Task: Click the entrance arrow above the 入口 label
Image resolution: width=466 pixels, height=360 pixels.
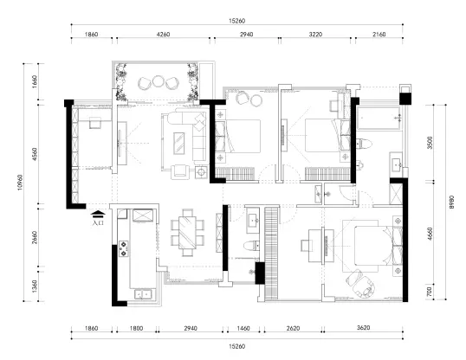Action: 98,214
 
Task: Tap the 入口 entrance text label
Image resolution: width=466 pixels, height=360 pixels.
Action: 98,222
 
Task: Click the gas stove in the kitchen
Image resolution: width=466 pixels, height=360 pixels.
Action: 123,248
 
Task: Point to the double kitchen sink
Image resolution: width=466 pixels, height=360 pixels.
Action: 144,294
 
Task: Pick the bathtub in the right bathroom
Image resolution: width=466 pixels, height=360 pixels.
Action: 378,118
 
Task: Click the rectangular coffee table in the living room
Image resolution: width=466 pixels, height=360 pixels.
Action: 178,143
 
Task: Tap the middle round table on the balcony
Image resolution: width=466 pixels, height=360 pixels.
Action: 158,81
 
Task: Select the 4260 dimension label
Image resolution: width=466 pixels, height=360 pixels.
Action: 163,35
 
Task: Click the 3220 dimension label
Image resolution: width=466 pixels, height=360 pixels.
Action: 315,35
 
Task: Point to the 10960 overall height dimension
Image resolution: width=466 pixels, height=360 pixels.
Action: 20,182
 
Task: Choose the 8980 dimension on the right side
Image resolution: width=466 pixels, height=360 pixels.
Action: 452,202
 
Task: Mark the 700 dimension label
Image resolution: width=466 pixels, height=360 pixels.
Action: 429,292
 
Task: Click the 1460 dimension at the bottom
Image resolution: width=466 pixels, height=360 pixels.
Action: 243,328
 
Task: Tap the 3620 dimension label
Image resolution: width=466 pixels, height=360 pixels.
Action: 363,328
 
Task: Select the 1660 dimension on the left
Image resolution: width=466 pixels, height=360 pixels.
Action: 35,81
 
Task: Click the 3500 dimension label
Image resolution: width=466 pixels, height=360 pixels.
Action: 430,143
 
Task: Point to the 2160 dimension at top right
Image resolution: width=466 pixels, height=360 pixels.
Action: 379,35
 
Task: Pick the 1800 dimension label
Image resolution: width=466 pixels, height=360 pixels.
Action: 136,328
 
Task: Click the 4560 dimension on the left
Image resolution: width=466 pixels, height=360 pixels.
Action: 35,154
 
